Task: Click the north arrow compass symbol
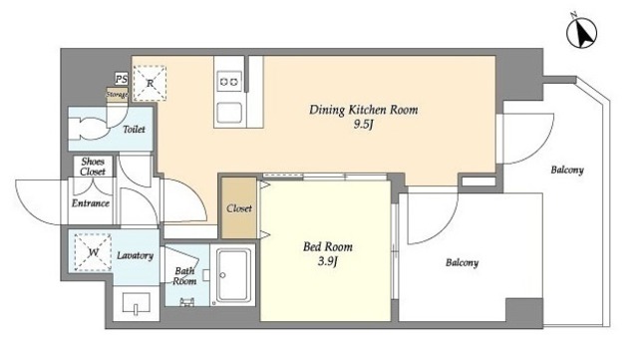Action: coord(582,33)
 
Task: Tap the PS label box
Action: coord(121,79)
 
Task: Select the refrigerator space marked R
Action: coord(150,83)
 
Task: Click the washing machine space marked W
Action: coord(93,252)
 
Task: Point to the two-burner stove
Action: coord(229,83)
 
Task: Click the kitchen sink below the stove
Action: coord(229,113)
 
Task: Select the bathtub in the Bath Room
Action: coord(233,275)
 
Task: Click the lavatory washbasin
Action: coord(136,303)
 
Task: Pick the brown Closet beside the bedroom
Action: coord(239,208)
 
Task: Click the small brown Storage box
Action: coord(118,95)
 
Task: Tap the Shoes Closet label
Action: coord(93,167)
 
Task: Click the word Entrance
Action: coord(91,202)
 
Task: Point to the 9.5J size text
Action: coord(363,125)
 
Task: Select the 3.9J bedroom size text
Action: coord(328,261)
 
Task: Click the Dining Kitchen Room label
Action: coord(363,110)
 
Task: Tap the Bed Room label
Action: coord(328,246)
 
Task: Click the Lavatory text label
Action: coord(136,255)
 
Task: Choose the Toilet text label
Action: coord(134,130)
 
